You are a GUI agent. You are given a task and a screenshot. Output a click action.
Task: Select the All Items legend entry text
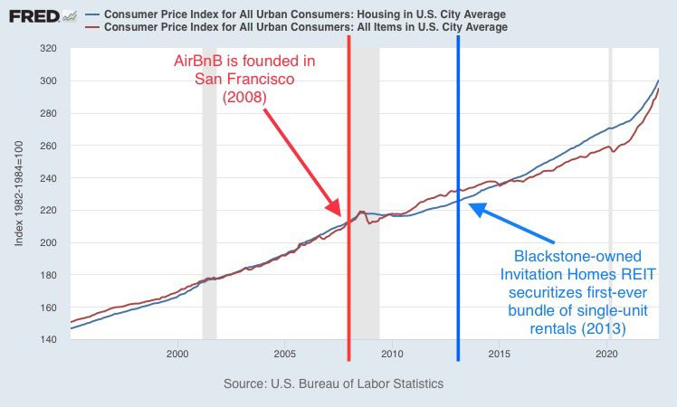306,28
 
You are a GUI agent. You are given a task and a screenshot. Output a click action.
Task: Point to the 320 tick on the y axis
49,49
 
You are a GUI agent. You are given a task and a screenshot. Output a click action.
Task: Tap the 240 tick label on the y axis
49,178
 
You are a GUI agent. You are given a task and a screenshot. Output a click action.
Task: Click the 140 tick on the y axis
49,339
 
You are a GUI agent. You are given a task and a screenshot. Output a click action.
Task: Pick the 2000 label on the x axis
176,355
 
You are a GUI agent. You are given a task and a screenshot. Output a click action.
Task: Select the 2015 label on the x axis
499,355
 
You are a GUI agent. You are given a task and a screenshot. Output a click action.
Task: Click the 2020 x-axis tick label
606,355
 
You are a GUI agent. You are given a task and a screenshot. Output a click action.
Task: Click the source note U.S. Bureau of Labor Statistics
334,383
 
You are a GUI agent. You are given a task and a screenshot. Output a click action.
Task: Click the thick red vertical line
349,271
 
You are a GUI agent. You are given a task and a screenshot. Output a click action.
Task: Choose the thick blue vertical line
458,271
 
